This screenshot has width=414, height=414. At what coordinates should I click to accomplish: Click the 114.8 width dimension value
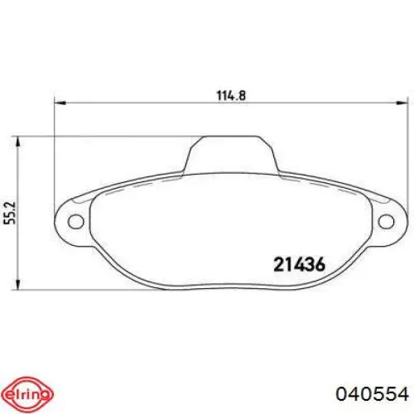[231, 95]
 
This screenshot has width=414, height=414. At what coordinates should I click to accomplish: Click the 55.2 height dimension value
[11, 213]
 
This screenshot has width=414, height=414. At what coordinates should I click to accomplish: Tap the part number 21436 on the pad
[300, 265]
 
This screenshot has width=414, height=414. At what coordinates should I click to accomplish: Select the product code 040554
[372, 394]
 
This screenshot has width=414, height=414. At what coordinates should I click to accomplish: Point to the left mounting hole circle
[75, 222]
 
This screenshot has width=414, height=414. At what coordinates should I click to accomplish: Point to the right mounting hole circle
[386, 222]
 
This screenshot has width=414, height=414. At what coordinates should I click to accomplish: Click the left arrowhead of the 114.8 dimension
[60, 103]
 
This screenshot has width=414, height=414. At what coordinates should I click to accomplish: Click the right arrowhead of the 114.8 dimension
[402, 103]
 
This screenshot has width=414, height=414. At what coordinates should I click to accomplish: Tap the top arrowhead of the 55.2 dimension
[17, 142]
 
